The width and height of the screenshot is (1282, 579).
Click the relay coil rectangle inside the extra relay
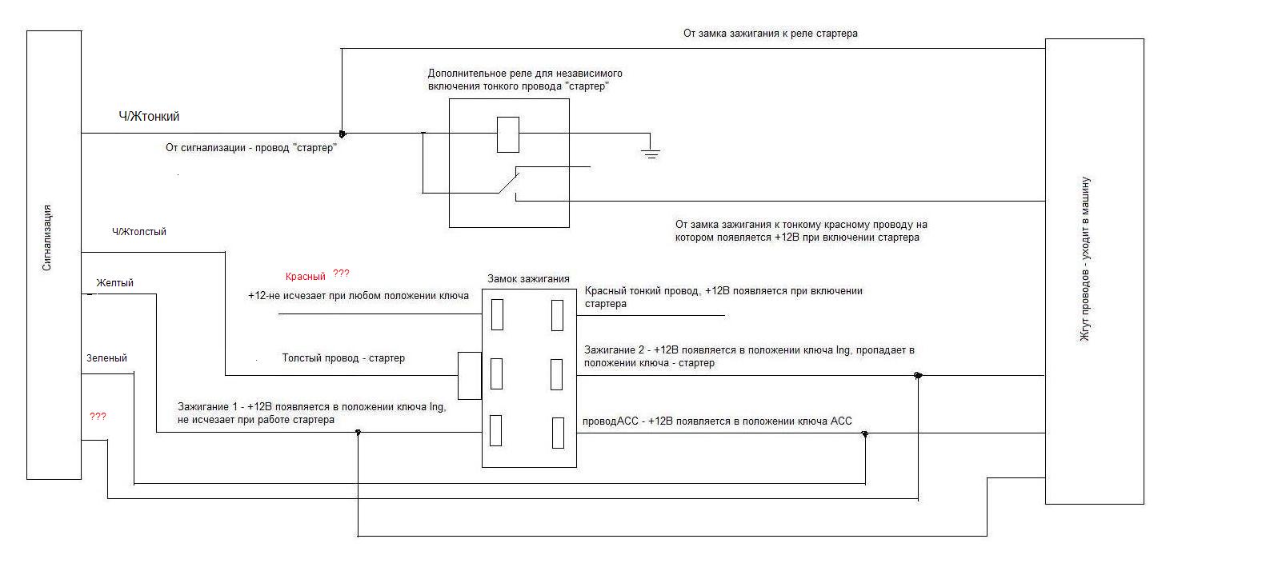coord(507,134)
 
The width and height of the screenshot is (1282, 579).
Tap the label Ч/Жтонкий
coord(149,117)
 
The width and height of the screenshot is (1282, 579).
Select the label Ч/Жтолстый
coord(139,232)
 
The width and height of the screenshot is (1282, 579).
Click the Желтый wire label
coord(114,282)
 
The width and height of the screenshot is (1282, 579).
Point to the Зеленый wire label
coord(106,358)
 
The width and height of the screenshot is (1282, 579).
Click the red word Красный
coord(305,277)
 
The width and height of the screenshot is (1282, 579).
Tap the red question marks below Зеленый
coord(98,416)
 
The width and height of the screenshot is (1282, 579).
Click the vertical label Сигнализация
coord(47,238)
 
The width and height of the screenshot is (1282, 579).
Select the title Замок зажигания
coord(528,278)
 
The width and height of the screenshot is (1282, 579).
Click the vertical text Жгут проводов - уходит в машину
coord(1085,259)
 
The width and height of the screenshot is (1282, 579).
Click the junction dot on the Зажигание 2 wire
coord(918,375)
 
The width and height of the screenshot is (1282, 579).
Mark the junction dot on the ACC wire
coord(865,434)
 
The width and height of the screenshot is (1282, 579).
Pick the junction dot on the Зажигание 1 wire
coord(358,433)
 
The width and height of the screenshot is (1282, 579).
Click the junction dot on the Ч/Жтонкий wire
coord(343,134)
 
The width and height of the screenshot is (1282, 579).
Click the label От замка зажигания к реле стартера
coord(771,33)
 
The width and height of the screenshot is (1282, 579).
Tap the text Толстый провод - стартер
coord(343,358)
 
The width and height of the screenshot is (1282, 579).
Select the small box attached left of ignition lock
coord(469,376)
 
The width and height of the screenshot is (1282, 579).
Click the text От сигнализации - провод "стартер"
coord(251,148)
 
